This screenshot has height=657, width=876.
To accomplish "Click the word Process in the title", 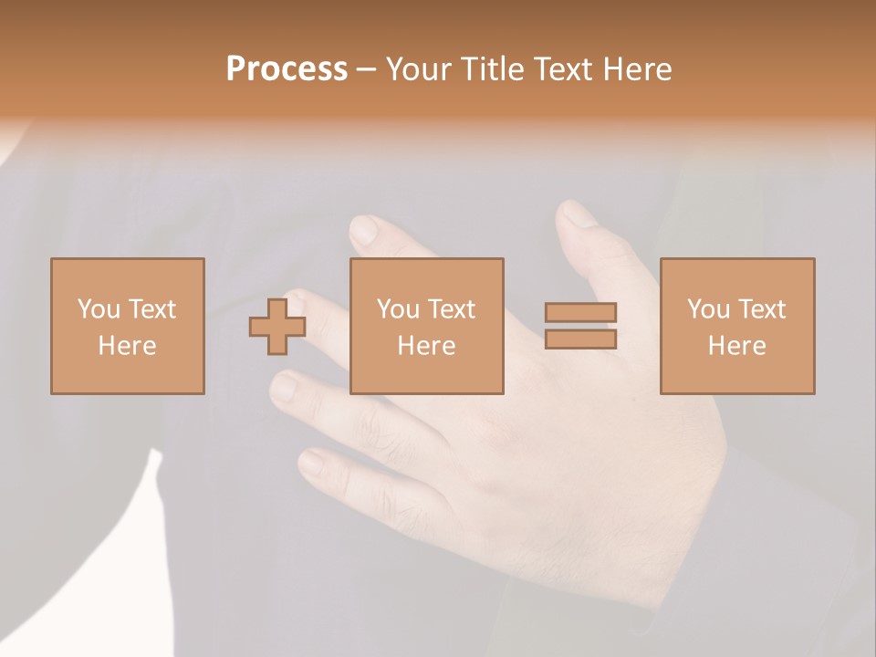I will (x=287, y=69).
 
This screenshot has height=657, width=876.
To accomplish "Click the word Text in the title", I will (x=564, y=69).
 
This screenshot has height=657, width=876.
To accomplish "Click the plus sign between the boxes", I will (x=277, y=326).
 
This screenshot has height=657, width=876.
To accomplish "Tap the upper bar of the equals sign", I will (x=580, y=312).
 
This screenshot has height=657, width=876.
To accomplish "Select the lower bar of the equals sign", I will (x=580, y=339).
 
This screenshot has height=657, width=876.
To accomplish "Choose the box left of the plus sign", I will (x=128, y=326).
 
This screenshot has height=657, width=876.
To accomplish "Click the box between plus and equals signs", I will (x=426, y=326).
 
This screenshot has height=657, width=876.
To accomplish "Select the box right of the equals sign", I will (x=737, y=326).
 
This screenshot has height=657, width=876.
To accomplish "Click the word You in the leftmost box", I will (x=99, y=309).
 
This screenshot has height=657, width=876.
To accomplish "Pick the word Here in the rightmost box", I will (x=736, y=346).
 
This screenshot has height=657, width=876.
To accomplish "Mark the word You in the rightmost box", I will (x=708, y=309).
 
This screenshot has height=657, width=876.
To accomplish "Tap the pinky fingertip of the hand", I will (x=311, y=464).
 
